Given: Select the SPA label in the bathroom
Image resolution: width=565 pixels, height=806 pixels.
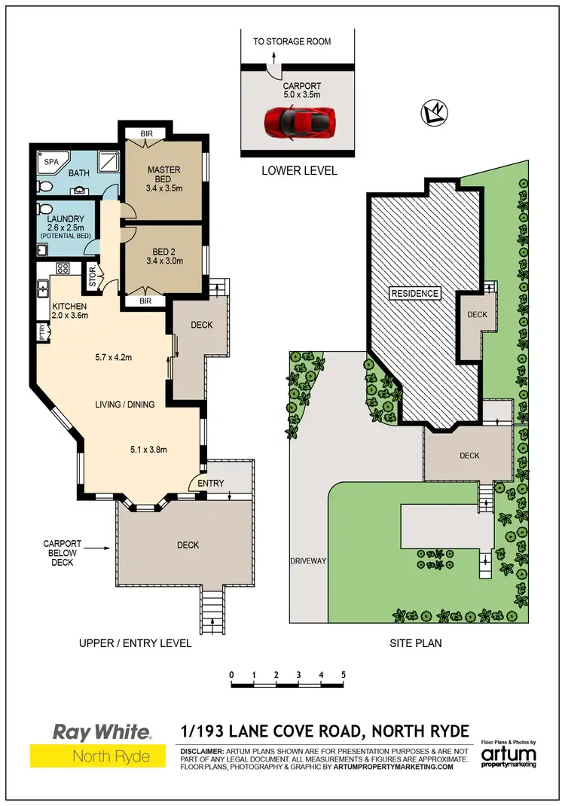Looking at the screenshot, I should [x=51, y=162].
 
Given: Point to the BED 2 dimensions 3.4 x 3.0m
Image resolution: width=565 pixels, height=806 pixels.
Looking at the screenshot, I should [x=164, y=261].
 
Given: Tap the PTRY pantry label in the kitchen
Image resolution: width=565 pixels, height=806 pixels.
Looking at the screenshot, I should [x=43, y=331].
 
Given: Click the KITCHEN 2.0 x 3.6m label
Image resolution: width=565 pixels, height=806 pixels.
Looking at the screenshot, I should [x=70, y=310].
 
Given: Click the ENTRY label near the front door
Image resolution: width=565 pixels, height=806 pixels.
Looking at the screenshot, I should [x=210, y=484].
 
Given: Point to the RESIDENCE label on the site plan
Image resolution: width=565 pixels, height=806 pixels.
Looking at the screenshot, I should [x=414, y=293].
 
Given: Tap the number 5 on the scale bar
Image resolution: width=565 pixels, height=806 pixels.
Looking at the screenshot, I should [x=344, y=674].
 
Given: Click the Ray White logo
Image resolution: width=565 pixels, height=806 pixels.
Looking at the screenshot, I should [x=102, y=731].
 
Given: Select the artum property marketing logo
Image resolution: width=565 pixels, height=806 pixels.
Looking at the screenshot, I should [x=510, y=754].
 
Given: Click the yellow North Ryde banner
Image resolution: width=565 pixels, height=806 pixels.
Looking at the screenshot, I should [x=97, y=756].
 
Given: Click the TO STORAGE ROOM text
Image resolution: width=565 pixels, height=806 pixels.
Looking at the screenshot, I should [x=292, y=41].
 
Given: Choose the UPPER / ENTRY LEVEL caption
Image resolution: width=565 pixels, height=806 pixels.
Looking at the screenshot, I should [x=136, y=643].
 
